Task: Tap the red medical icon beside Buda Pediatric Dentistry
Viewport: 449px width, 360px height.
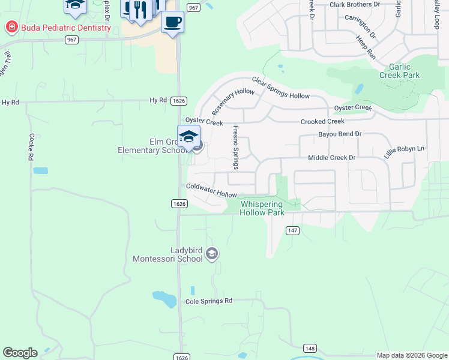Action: (10, 27)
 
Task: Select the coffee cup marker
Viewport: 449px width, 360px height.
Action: (172, 22)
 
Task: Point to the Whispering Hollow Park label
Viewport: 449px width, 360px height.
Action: (262, 208)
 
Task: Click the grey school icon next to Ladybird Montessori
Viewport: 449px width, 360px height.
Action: (211, 254)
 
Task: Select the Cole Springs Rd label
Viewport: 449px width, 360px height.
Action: (208, 301)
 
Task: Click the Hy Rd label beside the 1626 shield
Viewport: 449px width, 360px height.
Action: (158, 100)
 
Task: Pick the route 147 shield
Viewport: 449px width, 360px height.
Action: (292, 230)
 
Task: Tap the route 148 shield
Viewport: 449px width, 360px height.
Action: (310, 348)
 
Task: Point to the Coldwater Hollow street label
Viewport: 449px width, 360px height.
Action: (211, 190)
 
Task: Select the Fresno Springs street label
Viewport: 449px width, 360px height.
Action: (236, 146)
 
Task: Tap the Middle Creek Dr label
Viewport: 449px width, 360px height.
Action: (331, 158)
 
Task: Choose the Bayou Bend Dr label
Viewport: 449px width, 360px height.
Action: (340, 134)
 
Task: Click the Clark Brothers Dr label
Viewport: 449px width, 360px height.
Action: (355, 4)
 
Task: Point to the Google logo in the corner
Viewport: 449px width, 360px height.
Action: (20, 353)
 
